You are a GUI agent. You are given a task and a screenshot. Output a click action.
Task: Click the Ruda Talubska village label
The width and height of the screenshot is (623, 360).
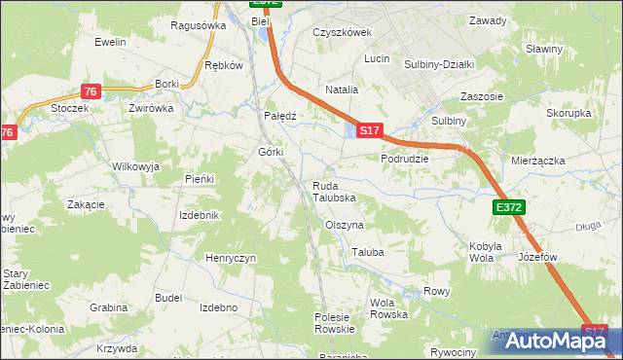tap(334, 191)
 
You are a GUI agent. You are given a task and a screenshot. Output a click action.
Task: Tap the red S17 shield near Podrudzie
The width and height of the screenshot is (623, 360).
tap(369, 128)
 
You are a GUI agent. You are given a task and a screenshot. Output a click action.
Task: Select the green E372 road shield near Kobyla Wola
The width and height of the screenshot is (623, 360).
tap(508, 207)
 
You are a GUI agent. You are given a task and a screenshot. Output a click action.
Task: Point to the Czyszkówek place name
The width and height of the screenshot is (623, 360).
tap(343, 32)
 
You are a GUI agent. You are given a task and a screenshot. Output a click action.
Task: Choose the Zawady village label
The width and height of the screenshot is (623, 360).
tap(488, 20)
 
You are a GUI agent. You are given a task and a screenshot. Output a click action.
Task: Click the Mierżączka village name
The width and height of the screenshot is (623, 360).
tap(538, 160)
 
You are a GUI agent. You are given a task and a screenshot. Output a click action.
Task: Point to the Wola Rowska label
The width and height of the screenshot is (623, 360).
tap(388, 308)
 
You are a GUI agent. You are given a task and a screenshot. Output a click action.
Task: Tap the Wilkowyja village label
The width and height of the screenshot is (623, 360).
tap(135, 166)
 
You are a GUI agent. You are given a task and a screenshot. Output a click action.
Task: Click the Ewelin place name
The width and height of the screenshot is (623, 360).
tap(112, 43)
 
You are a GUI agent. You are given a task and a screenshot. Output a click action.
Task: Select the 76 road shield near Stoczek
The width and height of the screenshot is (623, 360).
tap(90, 91)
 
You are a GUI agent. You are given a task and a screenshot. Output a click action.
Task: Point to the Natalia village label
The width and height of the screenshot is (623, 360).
tap(342, 90)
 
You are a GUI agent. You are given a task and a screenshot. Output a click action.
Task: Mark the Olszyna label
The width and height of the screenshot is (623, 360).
tap(344, 224)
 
